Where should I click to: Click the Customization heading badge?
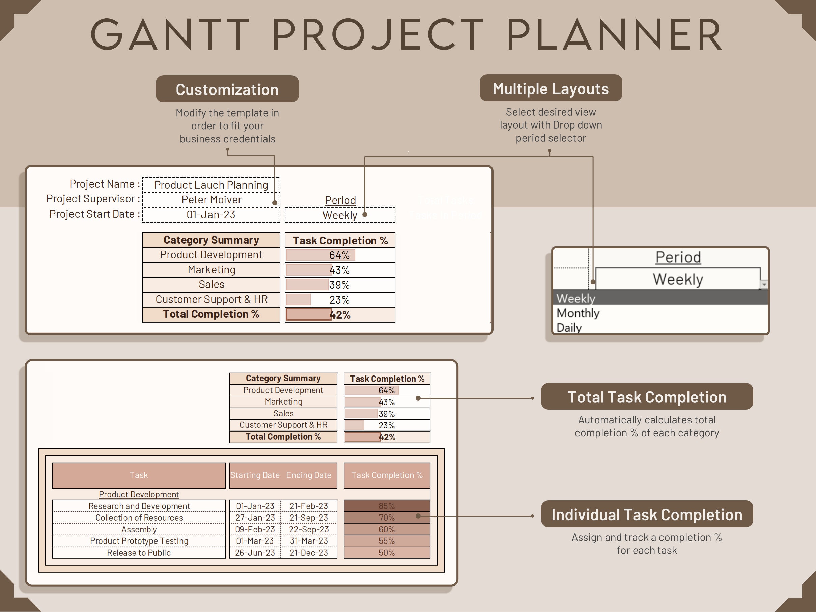227,89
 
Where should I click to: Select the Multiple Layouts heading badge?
551,88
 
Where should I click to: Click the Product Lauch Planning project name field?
211,185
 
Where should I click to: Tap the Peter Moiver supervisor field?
211,200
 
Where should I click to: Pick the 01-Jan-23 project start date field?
211,215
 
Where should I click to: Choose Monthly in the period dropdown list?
578,313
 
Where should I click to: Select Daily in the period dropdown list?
569,328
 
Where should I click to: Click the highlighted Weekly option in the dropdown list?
575,298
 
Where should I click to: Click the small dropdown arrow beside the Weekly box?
764,284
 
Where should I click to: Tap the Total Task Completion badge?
647,397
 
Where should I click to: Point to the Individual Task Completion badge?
647,514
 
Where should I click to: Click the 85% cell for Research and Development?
387,506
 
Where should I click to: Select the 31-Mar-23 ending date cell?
309,541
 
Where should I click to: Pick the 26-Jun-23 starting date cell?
255,553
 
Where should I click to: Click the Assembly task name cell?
139,529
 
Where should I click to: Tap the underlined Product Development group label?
139,494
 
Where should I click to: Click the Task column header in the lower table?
139,475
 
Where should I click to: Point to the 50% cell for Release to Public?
387,553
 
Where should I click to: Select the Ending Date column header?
309,475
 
